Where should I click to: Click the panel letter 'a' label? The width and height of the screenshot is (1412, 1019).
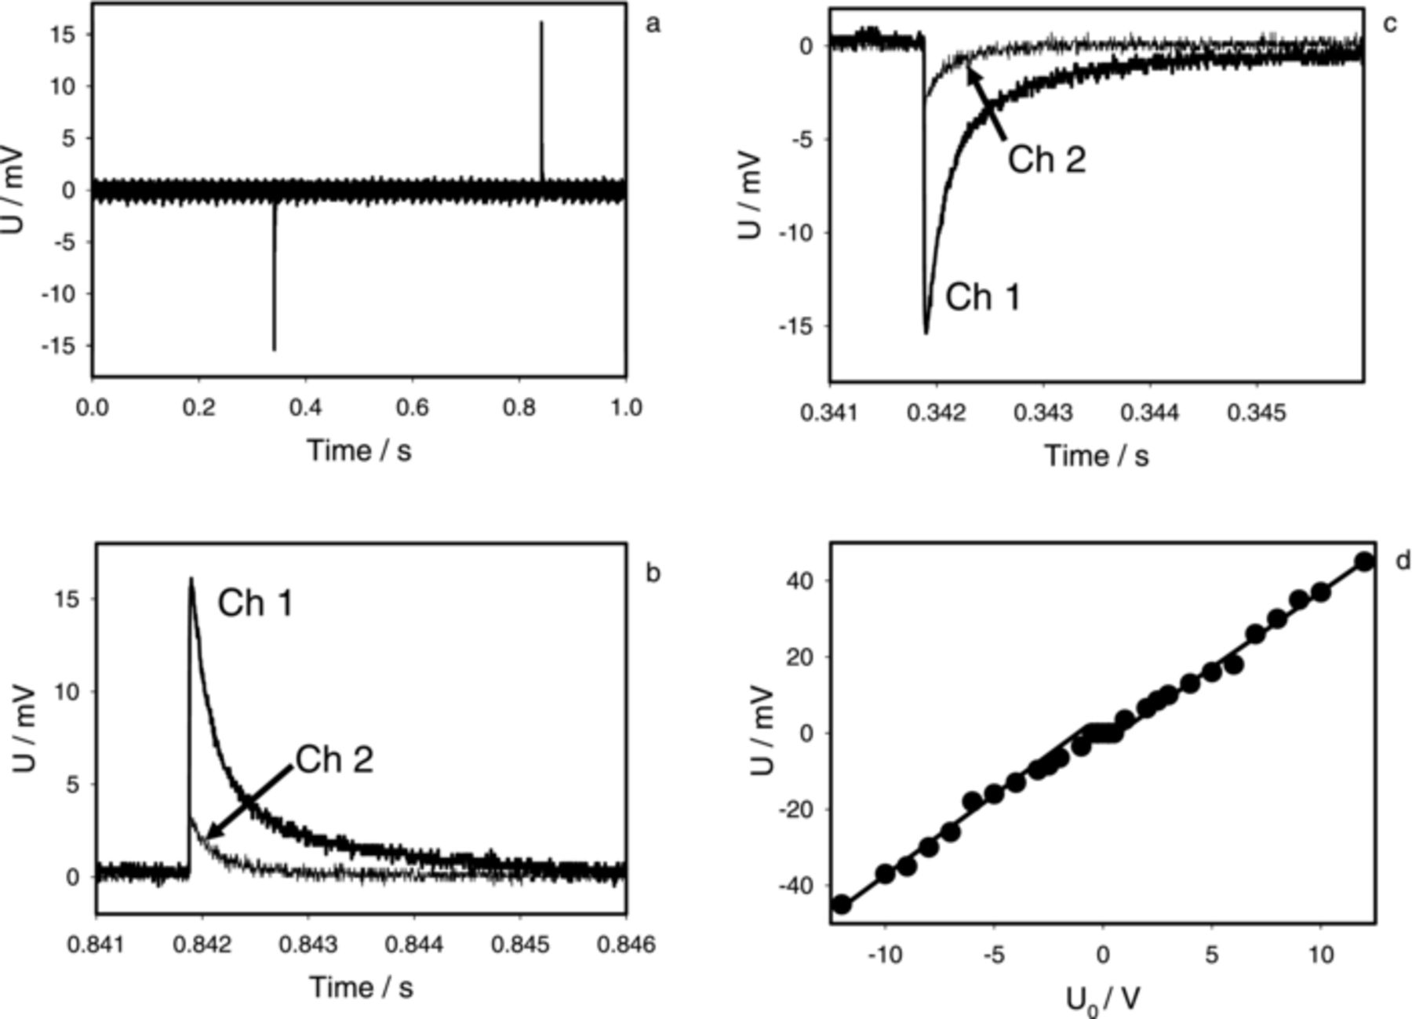point(653,24)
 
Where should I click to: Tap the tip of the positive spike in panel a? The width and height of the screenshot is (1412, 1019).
point(540,24)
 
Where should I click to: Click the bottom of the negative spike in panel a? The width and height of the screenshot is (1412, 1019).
point(274,349)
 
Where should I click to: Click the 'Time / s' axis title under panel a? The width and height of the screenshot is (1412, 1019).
point(359,450)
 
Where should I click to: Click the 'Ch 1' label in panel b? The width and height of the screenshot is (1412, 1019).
point(255,603)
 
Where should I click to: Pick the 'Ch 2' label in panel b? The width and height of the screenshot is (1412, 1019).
point(334,759)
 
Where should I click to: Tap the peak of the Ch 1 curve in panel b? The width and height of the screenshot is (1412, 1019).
point(191,580)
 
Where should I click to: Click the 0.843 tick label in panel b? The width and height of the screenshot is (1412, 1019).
point(309,945)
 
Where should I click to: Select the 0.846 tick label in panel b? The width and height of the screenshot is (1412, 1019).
point(626,945)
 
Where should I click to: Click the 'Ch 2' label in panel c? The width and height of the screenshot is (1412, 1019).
point(1046,160)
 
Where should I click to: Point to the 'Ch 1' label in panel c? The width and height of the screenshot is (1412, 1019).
point(983,297)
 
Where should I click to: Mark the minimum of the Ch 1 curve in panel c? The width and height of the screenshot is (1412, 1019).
point(926,333)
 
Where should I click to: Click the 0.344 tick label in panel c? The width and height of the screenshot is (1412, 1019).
point(1150,413)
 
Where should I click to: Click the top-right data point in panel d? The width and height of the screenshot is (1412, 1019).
point(1364,562)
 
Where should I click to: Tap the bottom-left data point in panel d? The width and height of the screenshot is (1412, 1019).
point(842,904)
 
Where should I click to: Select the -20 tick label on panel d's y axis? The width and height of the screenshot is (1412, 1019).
point(797,809)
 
